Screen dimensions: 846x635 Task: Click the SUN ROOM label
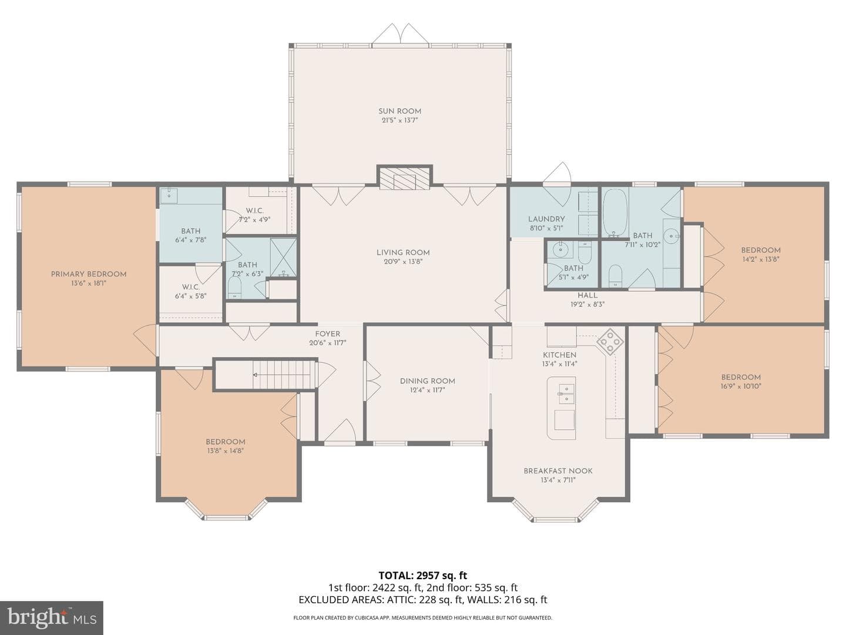tap(399, 111)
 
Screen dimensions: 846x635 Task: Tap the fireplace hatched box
tap(404, 178)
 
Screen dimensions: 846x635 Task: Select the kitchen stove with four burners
tap(610, 341)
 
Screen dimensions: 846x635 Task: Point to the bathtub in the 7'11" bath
tap(616, 212)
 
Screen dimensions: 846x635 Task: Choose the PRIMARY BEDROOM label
tap(89, 274)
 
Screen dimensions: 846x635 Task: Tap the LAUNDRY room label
tap(546, 219)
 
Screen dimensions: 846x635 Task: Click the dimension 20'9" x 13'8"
tap(403, 262)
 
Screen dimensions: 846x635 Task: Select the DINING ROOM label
tap(428, 381)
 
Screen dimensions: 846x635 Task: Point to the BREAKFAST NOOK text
tap(558, 471)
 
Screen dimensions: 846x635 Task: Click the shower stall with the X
tap(283, 258)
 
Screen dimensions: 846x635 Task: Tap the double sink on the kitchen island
tap(566, 394)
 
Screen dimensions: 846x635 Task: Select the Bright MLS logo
tap(51, 617)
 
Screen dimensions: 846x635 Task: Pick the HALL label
tap(587, 295)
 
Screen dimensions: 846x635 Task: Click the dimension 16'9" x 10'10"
tap(741, 386)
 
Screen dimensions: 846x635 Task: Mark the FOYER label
tap(328, 334)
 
